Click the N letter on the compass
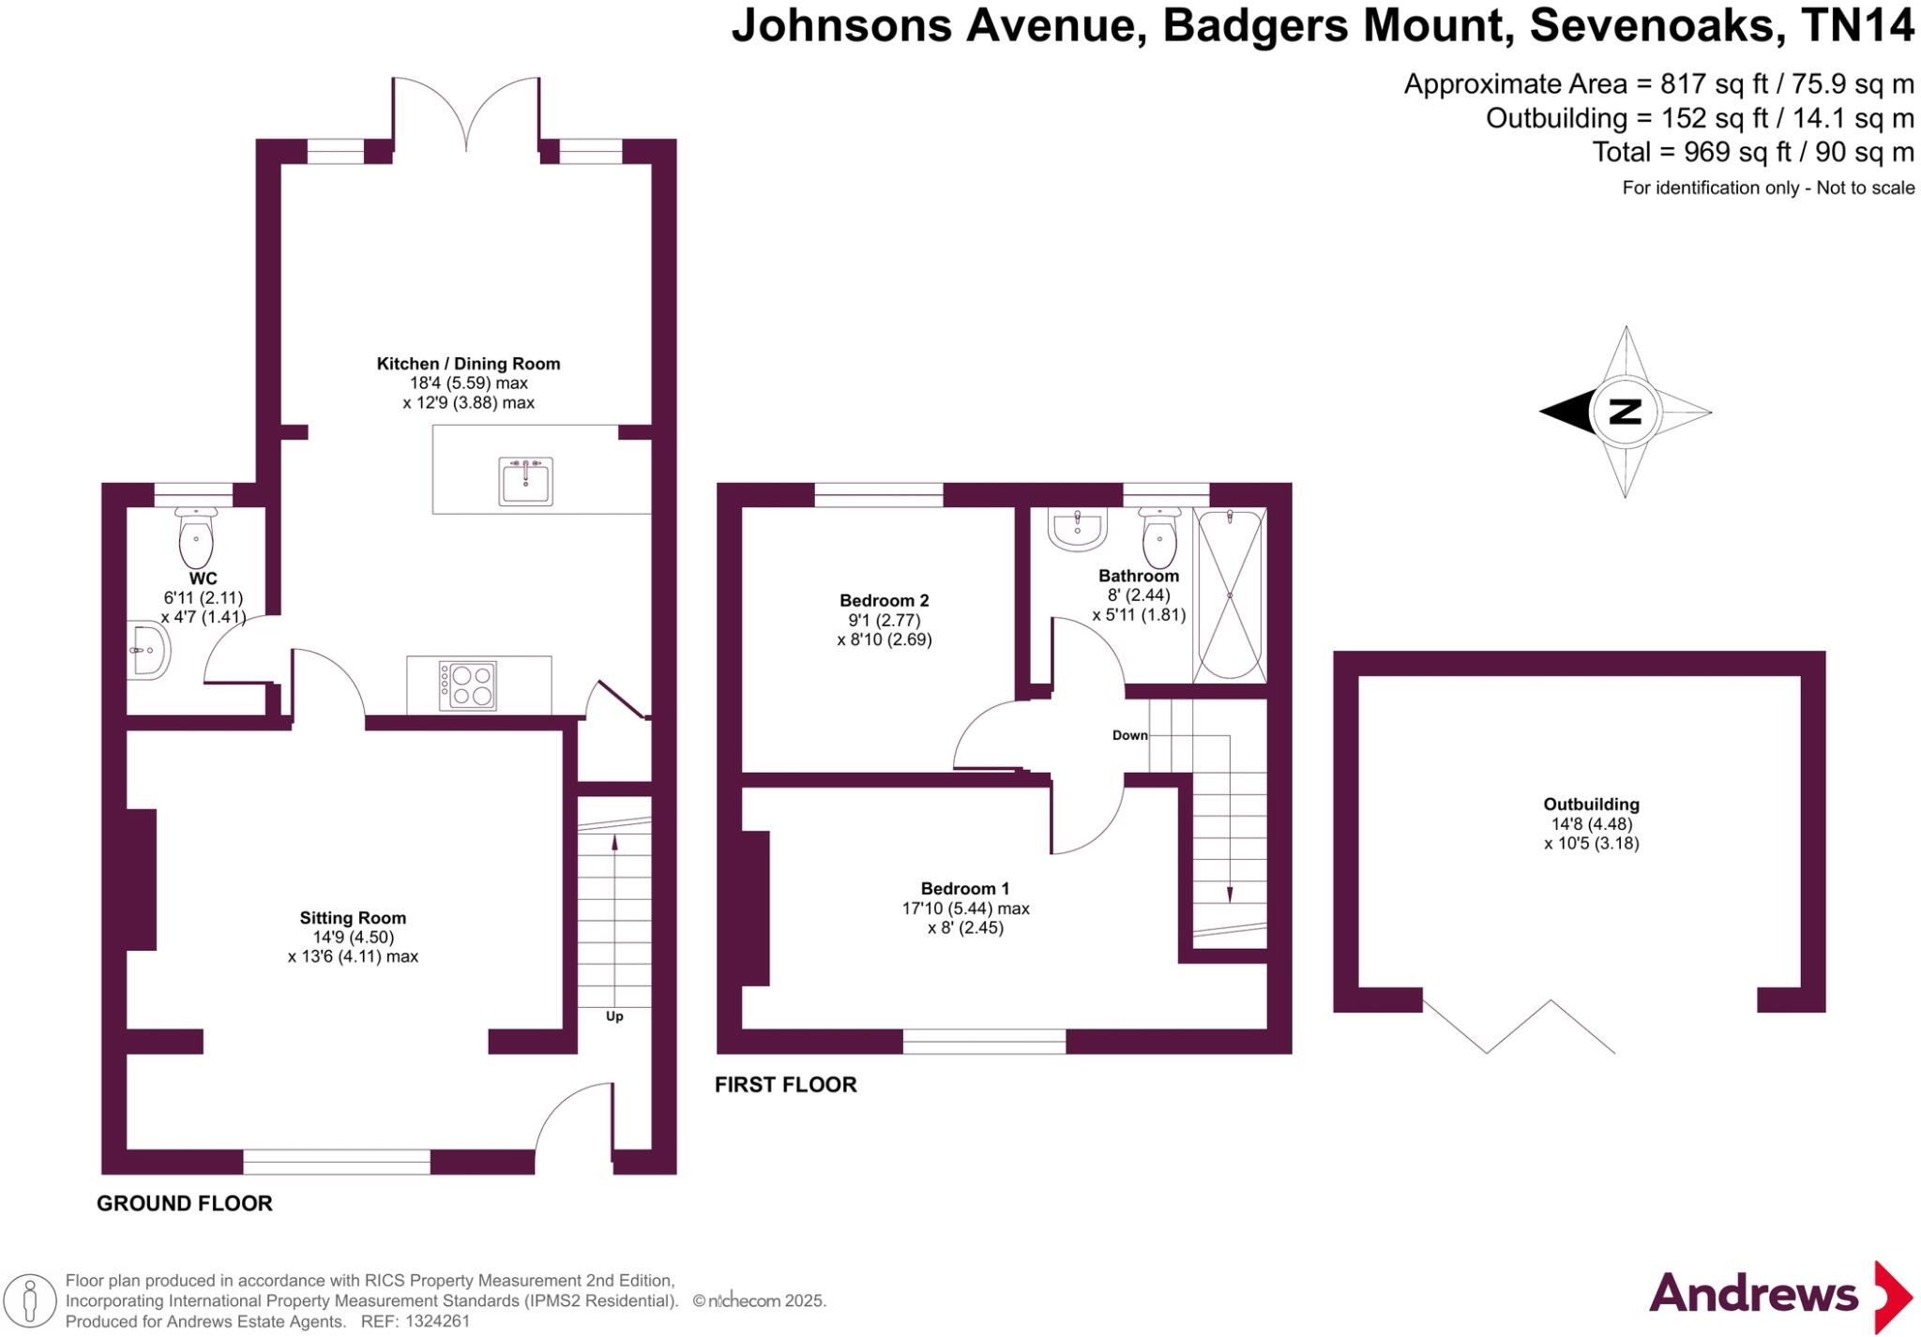click(x=1625, y=412)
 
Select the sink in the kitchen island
click(x=525, y=481)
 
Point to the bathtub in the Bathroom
click(x=1230, y=594)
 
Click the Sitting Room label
click(x=353, y=918)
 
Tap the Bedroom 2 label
click(x=884, y=600)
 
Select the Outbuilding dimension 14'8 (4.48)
click(x=1591, y=824)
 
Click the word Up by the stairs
click(x=614, y=1016)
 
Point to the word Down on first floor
click(x=1129, y=735)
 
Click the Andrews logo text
click(x=1753, y=1295)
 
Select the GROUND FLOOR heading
click(x=185, y=1203)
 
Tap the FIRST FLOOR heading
click(x=786, y=1085)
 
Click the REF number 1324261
click(x=435, y=1322)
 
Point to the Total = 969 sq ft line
click(x=1752, y=151)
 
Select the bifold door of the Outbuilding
click(x=1518, y=1026)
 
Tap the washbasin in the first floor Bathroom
click(x=1079, y=529)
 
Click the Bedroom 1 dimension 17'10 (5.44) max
click(x=965, y=908)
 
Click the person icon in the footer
click(x=31, y=1301)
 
